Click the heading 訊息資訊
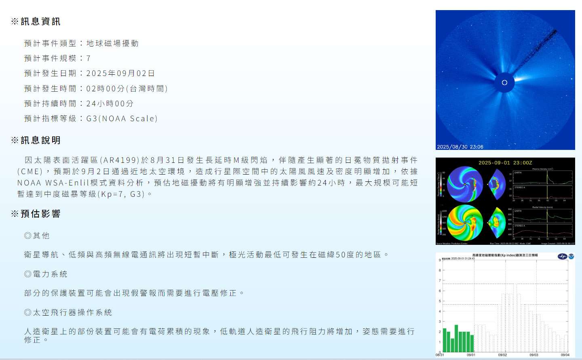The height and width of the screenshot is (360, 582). (x=40, y=22)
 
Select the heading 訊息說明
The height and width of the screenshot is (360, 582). (x=40, y=141)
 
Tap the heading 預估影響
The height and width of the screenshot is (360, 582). (x=40, y=214)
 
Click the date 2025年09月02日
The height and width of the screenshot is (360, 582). (x=120, y=74)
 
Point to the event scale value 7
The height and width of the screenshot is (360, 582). (x=89, y=59)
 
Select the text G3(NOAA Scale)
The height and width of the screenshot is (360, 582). (x=122, y=119)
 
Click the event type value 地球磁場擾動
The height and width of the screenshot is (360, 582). (x=112, y=44)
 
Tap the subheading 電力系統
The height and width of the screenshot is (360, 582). (x=50, y=274)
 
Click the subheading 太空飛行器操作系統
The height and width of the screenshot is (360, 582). (x=72, y=313)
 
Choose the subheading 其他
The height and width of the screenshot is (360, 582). (x=41, y=236)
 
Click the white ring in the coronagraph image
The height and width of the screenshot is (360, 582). (x=504, y=83)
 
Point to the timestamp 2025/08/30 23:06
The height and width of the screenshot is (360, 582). (x=460, y=147)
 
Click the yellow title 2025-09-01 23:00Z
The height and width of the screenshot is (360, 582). (x=505, y=163)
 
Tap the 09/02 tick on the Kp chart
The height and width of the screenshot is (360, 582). (x=502, y=355)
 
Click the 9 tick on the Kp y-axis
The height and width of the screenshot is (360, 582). (x=440, y=260)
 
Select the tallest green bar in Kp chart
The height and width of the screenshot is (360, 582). (x=456, y=338)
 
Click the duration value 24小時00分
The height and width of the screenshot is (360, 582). (x=110, y=104)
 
